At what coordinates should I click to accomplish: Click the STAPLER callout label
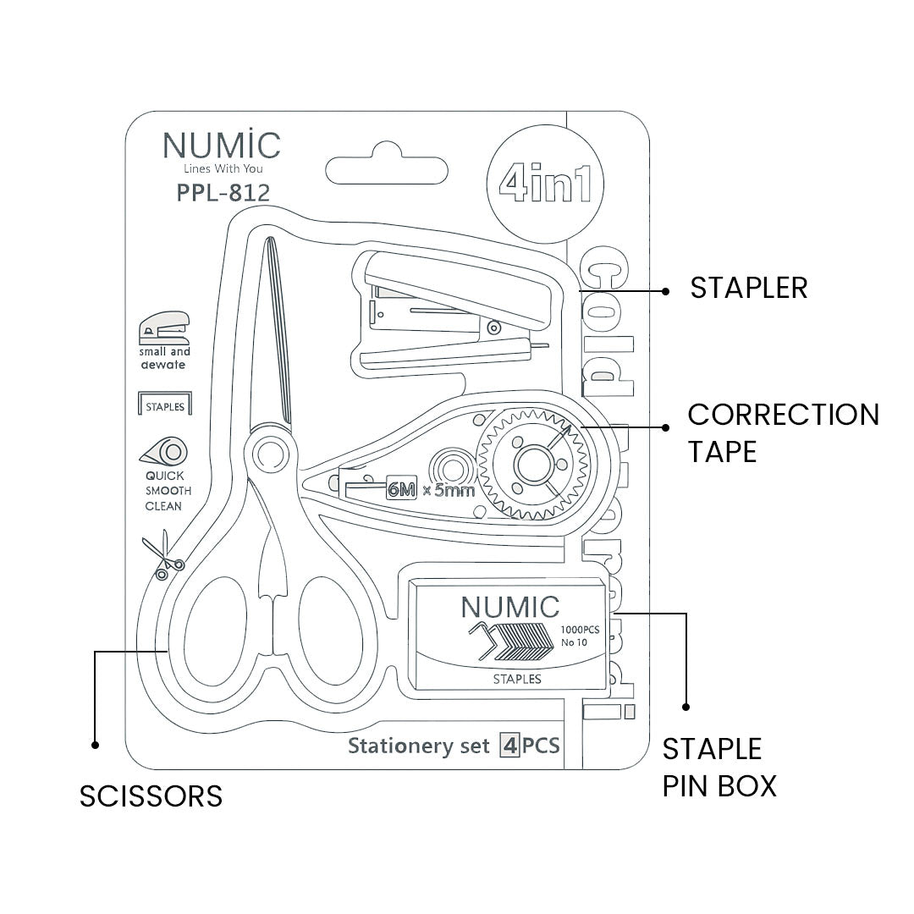tap(748, 288)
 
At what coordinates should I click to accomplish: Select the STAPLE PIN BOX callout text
tap(719, 767)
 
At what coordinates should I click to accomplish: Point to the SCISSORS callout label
tap(151, 796)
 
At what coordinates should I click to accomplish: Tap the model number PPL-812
tap(223, 193)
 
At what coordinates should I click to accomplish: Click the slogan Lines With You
tap(222, 169)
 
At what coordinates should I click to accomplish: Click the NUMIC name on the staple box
tap(509, 607)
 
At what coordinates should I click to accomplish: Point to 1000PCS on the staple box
tap(580, 630)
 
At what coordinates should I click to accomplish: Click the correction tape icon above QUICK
tap(164, 452)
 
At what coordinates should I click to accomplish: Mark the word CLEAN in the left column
tap(164, 507)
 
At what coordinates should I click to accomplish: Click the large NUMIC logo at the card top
tap(222, 145)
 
